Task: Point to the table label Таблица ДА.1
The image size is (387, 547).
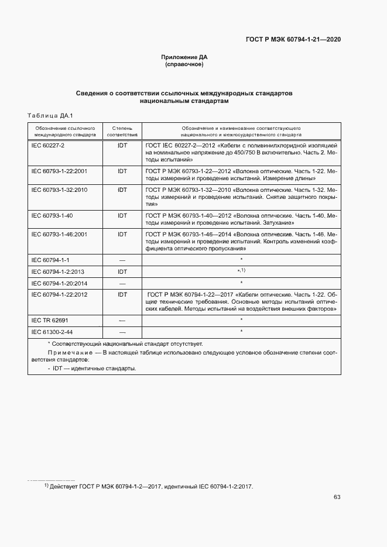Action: pos(49,115)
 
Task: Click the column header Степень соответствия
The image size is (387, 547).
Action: pos(122,130)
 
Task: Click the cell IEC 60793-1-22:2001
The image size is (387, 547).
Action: pos(59,171)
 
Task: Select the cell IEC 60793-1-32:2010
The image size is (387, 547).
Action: pos(59,190)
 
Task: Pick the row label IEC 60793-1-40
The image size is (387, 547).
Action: pos(52,216)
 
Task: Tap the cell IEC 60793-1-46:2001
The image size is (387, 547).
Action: pos(59,234)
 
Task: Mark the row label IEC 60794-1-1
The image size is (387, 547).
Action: pos(50,259)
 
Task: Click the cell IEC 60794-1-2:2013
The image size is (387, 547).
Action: pos(57,271)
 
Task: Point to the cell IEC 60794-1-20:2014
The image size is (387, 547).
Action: pos(59,283)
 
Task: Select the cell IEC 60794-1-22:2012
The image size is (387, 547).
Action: pos(59,294)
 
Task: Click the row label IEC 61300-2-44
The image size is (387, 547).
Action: pos(52,332)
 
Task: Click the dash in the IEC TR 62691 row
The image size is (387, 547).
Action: pos(122,321)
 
